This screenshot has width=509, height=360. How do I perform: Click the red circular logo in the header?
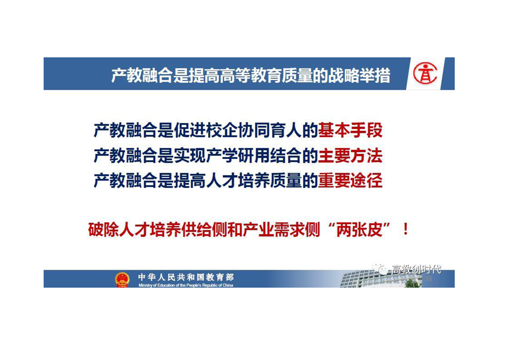click(x=425, y=74)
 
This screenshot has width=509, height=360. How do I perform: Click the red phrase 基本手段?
click(x=350, y=130)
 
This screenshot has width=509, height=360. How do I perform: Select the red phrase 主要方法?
click(x=350, y=155)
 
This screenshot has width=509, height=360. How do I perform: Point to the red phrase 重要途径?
click(x=350, y=180)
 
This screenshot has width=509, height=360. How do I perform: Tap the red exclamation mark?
click(x=406, y=230)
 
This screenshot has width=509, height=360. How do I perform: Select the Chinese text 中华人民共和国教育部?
click(x=186, y=277)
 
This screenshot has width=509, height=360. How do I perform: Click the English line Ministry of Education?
click(x=186, y=285)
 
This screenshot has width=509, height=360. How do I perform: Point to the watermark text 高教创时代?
click(x=416, y=269)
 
